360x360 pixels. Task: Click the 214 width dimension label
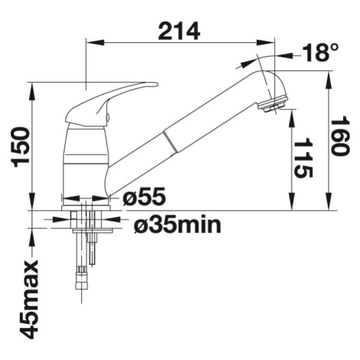pos(178,31)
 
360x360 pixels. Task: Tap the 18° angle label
pos(320,52)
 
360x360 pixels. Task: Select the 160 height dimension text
pos(339,136)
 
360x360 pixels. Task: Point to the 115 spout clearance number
pos(303,158)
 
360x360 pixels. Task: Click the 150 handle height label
pos(21,147)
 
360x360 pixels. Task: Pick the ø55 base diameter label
pos(144,197)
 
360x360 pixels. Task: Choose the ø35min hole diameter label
pos(177,225)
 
